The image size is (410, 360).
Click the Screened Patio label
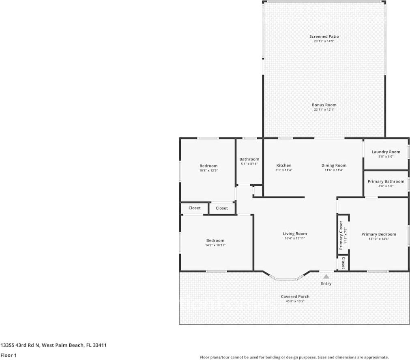coord(324,36)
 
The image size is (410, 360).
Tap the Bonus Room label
coord(324,105)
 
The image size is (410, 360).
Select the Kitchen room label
coord(284,165)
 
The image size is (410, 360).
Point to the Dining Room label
coord(334,165)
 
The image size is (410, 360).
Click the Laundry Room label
coord(386,152)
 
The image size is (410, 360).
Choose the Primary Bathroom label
coord(386,182)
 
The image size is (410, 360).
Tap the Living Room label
coord(295,234)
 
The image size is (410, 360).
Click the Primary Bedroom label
coord(379,234)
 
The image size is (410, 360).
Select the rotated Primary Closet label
coord(341,235)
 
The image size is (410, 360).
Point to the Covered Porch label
coord(295,296)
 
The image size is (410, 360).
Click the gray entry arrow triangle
coord(326,276)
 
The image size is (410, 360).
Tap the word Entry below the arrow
coord(326,283)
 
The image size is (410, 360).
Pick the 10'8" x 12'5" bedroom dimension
coord(208,170)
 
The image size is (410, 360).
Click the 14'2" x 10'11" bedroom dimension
coord(215,245)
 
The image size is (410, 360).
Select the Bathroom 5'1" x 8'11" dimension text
coord(249,164)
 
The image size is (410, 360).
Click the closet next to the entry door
coord(343,263)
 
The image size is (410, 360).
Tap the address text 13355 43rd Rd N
coord(20,345)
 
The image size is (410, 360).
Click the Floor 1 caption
coord(9,355)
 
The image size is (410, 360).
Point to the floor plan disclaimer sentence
coord(294,357)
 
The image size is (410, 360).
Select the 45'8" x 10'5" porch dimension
coord(295,301)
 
